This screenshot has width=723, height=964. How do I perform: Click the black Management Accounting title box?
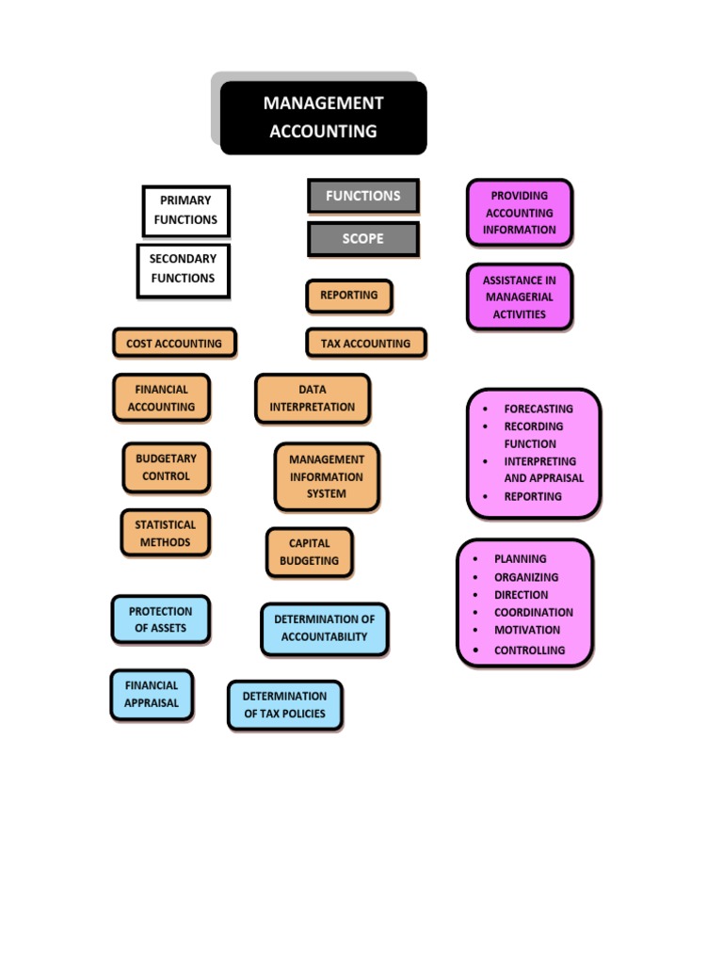[323, 118]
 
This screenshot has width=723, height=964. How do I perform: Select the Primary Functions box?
[185, 210]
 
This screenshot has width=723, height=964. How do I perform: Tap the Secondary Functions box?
[183, 269]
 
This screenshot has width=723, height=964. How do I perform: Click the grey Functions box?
[362, 196]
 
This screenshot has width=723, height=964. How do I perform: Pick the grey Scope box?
[362, 239]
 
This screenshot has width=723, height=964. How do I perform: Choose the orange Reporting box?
[348, 296]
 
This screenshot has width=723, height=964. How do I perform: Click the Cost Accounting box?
[174, 344]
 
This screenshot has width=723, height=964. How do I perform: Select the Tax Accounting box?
[365, 344]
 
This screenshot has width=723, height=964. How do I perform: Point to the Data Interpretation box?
[313, 398]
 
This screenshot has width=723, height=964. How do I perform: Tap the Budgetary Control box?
[166, 468]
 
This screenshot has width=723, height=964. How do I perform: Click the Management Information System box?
[327, 476]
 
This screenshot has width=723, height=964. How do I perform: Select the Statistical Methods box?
[165, 534]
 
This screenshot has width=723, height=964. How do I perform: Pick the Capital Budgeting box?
[309, 552]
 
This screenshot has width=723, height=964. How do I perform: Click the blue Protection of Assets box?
[160, 619]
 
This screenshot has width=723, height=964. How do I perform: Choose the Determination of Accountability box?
[324, 629]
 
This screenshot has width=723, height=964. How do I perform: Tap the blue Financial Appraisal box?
[151, 695]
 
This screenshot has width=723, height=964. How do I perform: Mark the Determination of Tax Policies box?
[284, 705]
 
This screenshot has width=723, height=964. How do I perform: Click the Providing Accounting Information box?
[519, 213]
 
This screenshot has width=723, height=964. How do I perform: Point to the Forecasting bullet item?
[538, 410]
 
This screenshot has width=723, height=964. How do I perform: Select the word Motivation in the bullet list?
[526, 631]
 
